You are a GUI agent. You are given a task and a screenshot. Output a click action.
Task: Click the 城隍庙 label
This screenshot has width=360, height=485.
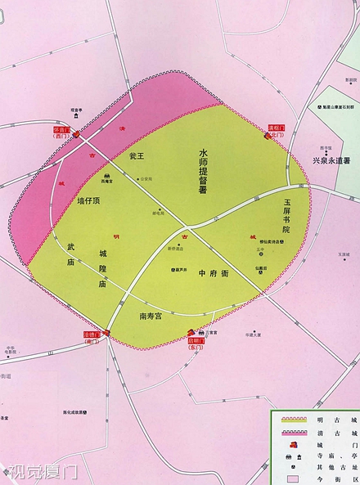[102, 269]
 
